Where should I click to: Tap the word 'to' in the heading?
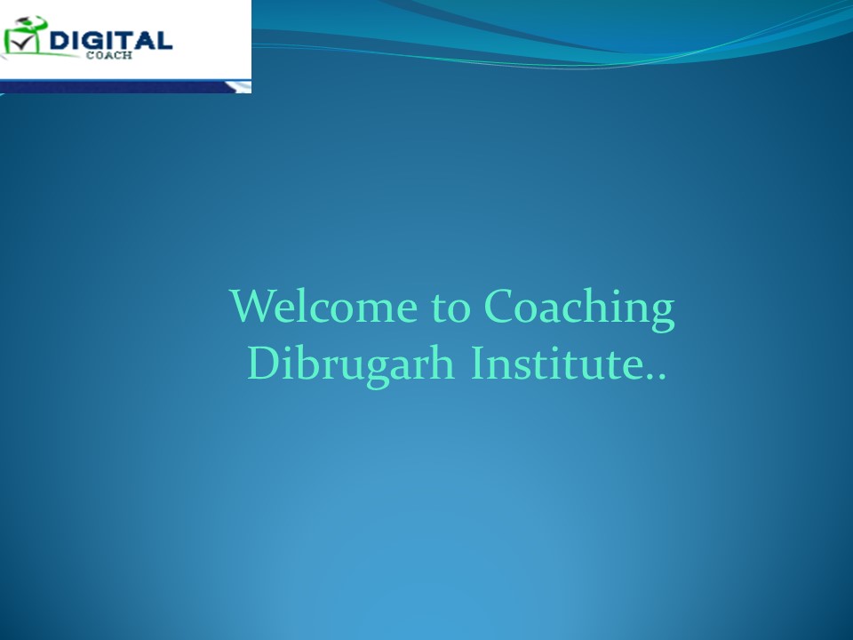click(x=450, y=308)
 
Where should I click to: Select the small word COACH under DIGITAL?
click(x=116, y=53)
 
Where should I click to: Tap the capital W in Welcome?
click(x=254, y=308)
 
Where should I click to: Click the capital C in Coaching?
click(x=500, y=308)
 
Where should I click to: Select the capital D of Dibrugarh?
click(x=263, y=364)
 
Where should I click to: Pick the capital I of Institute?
click(x=478, y=364)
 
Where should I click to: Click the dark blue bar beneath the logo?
click(x=116, y=86)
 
